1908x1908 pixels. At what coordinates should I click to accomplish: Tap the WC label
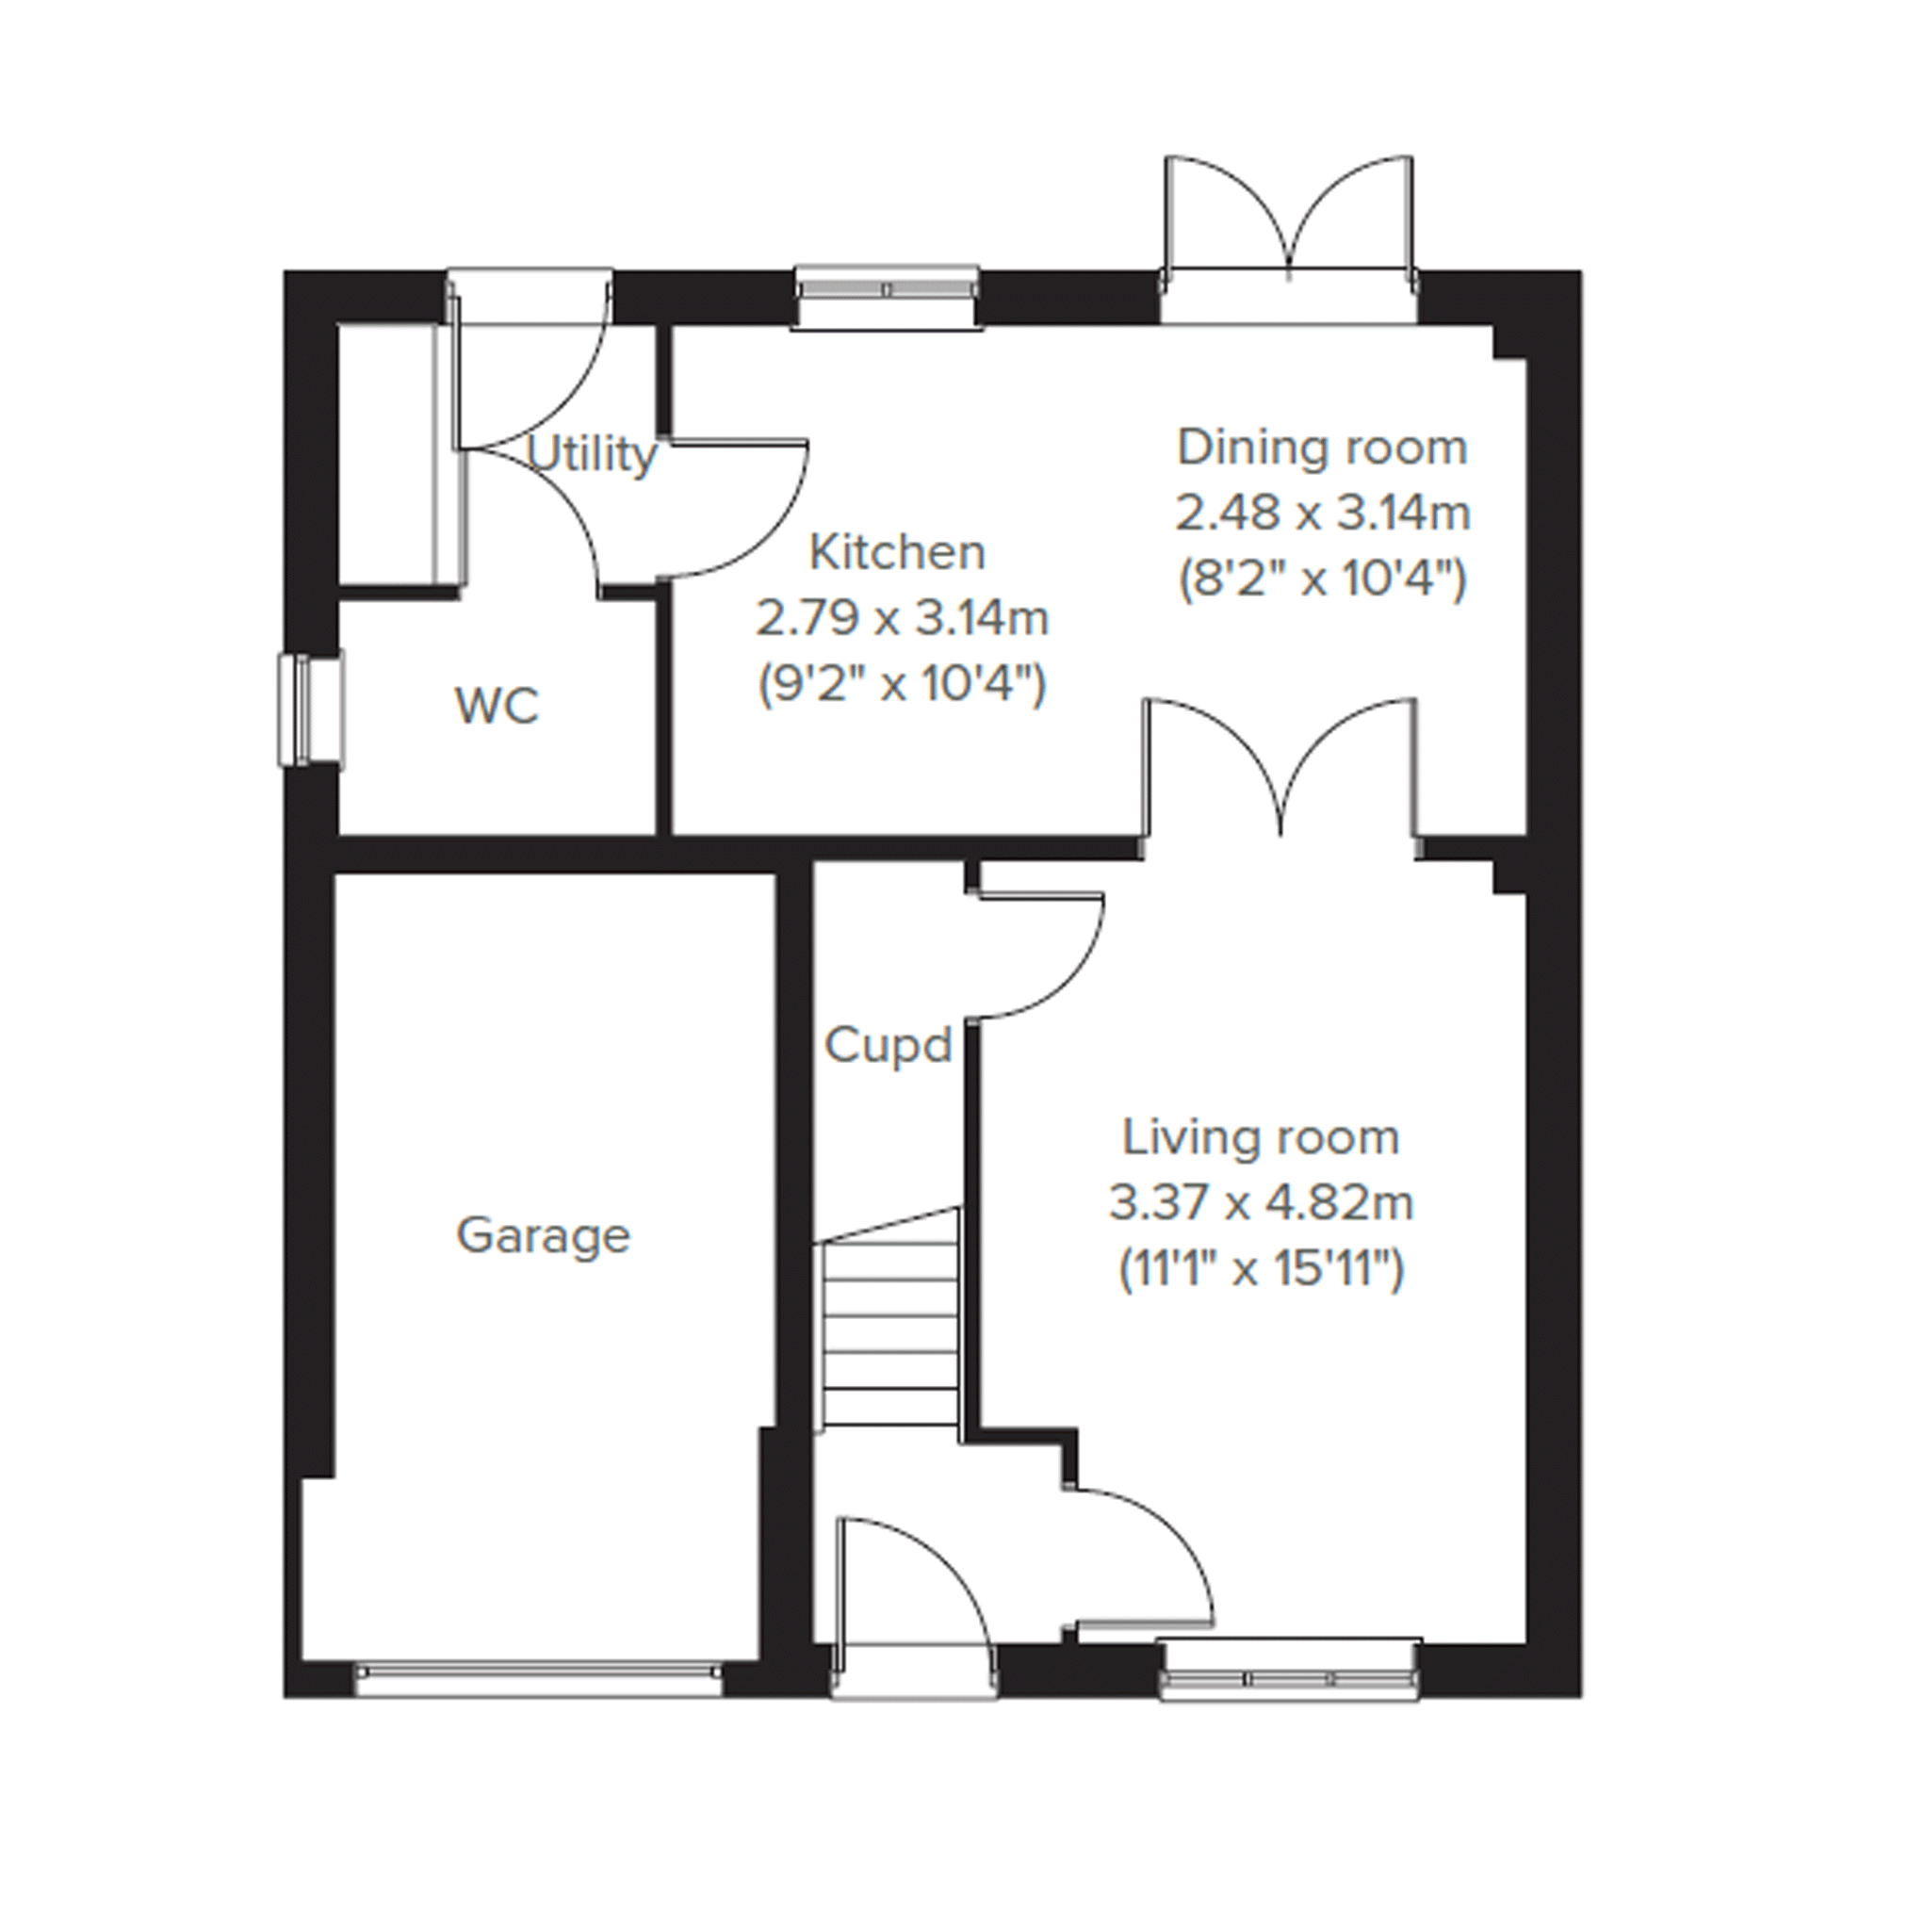click(497, 706)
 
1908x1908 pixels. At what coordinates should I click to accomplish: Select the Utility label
click(592, 454)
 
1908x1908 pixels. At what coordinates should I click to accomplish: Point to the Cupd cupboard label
click(888, 1045)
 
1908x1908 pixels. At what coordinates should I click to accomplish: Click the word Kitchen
click(897, 552)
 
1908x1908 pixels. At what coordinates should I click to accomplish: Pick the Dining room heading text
click(1322, 448)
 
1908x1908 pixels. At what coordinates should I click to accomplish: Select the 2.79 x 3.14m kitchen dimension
click(902, 619)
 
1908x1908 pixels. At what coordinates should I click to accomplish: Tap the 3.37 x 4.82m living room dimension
click(1261, 1203)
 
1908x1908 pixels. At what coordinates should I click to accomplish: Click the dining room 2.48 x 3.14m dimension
click(1322, 513)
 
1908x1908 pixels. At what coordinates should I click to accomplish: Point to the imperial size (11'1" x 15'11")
click(1261, 1269)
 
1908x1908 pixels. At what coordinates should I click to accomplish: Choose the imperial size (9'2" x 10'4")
click(902, 684)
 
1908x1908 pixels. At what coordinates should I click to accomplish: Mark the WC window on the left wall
click(310, 709)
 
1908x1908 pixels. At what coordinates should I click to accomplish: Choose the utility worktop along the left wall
click(449, 439)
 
